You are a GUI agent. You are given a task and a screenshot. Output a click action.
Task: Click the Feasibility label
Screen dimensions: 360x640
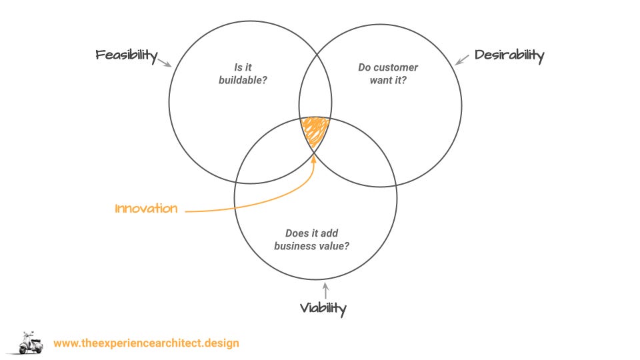click(x=126, y=55)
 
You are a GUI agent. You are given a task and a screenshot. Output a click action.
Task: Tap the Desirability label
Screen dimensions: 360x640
click(x=509, y=55)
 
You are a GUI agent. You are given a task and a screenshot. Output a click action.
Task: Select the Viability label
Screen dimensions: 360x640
click(x=323, y=308)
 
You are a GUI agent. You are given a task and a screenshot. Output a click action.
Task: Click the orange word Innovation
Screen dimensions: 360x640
click(x=147, y=209)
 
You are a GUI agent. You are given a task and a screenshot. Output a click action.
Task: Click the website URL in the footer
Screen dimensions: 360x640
click(x=146, y=343)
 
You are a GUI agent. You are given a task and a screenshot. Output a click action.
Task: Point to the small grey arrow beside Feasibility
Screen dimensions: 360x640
click(x=165, y=62)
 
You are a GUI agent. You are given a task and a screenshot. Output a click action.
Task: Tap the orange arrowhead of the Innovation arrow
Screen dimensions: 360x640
click(x=313, y=157)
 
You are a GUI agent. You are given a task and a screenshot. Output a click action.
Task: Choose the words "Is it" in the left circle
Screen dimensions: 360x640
click(x=242, y=67)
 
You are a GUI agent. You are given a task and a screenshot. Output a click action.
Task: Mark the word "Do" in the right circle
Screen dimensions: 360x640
click(x=365, y=67)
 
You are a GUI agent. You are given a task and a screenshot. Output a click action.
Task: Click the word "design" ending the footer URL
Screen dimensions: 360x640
click(x=221, y=343)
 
